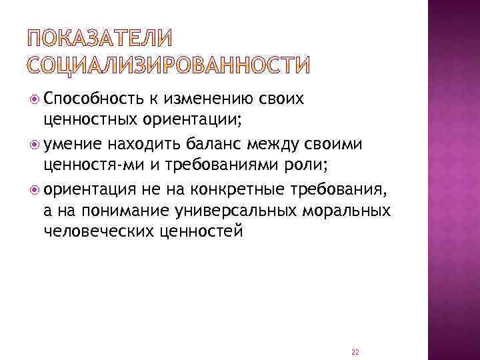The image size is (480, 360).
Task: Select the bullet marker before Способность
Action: pyautogui.click(x=35, y=100)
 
